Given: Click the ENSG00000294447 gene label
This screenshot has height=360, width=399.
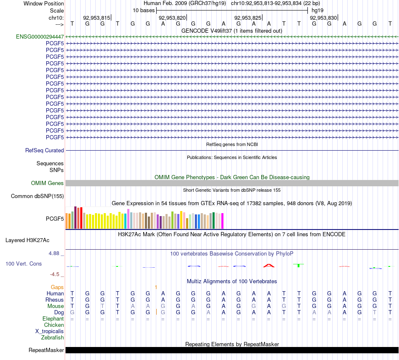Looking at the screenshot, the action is click(40, 37).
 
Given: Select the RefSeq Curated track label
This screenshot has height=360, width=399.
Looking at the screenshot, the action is click(45, 150).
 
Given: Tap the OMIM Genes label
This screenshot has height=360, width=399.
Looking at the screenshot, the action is click(47, 183).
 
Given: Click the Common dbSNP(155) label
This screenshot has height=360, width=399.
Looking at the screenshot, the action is click(37, 196).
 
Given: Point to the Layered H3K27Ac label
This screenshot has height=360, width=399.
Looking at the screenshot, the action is click(27, 240).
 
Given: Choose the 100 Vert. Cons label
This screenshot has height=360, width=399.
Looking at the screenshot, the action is click(24, 263).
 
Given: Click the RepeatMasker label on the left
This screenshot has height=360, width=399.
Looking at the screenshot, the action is click(46, 350).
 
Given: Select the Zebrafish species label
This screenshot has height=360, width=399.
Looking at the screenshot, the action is click(52, 337).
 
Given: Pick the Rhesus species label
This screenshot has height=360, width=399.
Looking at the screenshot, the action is click(55, 300).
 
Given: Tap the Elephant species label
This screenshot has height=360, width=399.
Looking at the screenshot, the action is click(53, 318).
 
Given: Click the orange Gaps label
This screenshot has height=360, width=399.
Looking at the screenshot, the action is click(57, 287).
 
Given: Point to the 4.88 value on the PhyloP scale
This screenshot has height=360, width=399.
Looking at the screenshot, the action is click(54, 253).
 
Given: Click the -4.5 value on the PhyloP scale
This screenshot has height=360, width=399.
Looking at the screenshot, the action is click(55, 274).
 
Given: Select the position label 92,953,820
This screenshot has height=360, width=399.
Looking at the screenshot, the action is click(172, 18).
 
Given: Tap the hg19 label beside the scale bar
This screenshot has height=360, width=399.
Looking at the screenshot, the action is click(318, 10).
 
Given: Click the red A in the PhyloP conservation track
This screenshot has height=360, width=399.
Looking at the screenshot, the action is click(269, 266).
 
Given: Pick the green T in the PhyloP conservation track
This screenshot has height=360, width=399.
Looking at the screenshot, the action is click(299, 266).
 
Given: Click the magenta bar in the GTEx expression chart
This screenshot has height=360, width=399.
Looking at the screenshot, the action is click(223, 221).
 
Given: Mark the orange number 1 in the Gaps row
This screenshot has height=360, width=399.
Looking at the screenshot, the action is click(156, 287).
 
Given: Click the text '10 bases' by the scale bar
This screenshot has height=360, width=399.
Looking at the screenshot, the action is click(144, 10).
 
